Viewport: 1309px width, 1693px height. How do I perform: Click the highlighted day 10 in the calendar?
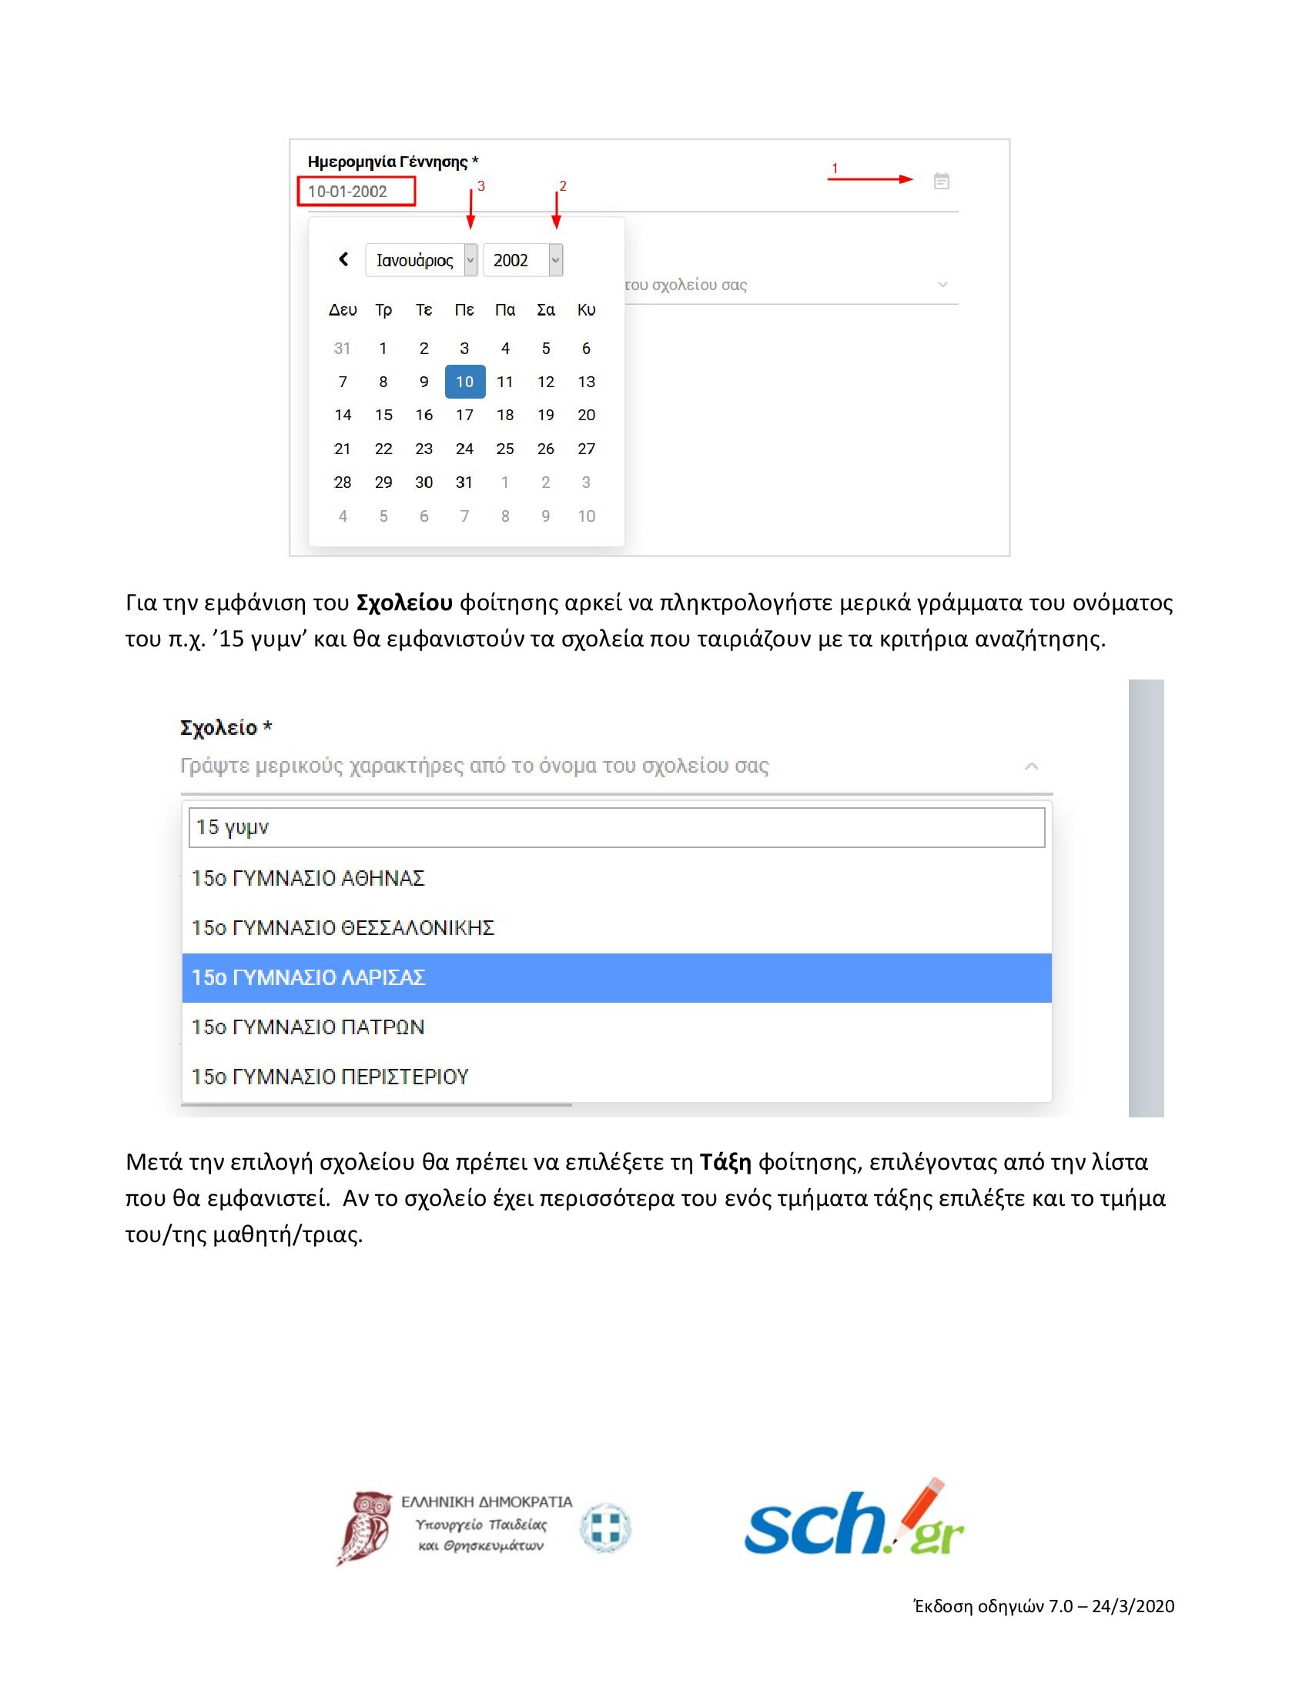[464, 382]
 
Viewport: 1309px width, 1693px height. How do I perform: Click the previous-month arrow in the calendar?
[343, 259]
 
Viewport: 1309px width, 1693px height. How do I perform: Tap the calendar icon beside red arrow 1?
[942, 182]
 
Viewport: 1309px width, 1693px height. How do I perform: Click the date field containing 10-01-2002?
[356, 192]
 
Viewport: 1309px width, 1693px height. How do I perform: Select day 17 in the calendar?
[464, 415]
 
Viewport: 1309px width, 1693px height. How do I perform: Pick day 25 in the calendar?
[505, 449]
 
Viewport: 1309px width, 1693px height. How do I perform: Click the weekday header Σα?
[546, 310]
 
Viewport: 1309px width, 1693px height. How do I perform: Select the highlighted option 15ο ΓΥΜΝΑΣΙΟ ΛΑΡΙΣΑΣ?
[617, 977]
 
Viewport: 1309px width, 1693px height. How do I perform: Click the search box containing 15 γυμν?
[617, 827]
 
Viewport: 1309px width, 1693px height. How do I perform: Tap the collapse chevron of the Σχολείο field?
[1031, 766]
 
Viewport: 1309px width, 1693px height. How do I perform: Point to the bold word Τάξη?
[725, 1162]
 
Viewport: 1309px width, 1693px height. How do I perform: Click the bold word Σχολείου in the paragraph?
[404, 603]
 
